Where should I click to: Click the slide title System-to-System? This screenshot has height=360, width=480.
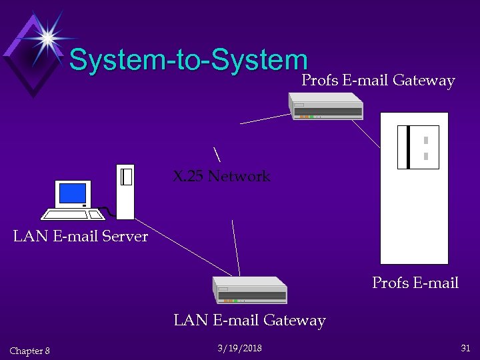(188, 60)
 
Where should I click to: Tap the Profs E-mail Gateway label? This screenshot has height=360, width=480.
(378, 81)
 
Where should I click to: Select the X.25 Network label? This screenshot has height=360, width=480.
(221, 176)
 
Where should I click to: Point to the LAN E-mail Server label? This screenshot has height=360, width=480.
(81, 236)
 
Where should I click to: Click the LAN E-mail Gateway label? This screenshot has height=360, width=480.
(249, 321)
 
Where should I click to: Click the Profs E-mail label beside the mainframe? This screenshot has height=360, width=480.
(415, 283)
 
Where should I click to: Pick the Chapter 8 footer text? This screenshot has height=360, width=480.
(30, 351)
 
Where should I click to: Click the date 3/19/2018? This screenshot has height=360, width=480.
(239, 349)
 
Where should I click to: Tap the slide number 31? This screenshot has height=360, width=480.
(465, 348)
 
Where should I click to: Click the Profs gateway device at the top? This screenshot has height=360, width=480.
(326, 106)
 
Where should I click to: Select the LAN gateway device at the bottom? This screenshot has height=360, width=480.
(250, 289)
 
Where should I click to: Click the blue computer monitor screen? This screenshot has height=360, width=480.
(73, 193)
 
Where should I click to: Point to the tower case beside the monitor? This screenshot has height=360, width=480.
(125, 191)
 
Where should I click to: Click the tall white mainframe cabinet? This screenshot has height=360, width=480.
(414, 213)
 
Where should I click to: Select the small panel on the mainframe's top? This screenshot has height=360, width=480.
(418, 147)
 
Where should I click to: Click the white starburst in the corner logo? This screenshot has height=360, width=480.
(47, 37)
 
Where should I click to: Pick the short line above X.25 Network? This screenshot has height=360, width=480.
(217, 153)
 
